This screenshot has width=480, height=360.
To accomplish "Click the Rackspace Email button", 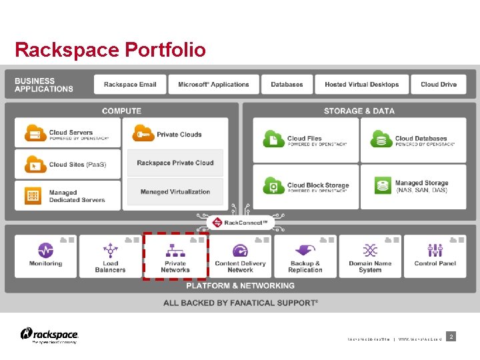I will (x=131, y=85).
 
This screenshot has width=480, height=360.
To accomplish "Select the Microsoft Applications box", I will (x=213, y=85).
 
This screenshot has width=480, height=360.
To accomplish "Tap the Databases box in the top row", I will (x=287, y=85).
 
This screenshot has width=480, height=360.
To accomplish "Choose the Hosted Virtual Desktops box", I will (x=362, y=85).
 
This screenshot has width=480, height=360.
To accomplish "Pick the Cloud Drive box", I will (x=439, y=85).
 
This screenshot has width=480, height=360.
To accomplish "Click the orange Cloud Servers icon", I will (x=35, y=133).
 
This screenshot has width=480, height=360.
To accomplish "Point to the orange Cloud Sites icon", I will (x=35, y=164).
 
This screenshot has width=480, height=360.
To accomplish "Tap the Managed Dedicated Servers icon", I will (x=34, y=195).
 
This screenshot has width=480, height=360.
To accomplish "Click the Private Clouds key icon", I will (x=143, y=134).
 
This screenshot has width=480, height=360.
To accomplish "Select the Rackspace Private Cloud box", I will (x=175, y=163).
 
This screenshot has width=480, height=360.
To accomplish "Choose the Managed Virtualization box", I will (x=175, y=192).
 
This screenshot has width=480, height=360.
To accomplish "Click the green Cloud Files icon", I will (x=273, y=139).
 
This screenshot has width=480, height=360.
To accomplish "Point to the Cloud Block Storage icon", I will (x=273, y=185).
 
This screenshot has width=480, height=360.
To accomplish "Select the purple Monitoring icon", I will (x=45, y=250).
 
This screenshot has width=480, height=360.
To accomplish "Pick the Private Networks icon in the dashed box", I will (x=175, y=250).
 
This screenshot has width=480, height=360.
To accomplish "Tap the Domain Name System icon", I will (x=370, y=250).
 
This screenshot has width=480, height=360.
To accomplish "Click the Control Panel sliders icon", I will (x=435, y=250).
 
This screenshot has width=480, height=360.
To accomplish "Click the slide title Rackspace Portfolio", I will (x=110, y=50).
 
